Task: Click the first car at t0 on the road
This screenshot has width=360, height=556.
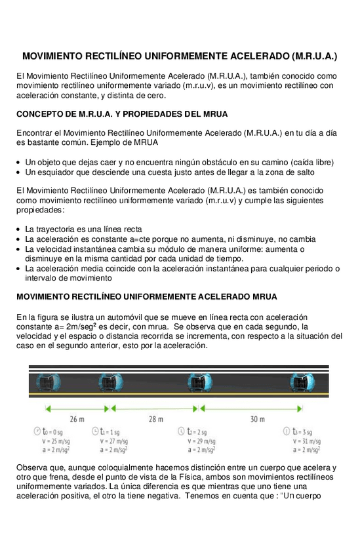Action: pos(45,382)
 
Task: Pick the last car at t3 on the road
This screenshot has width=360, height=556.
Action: pos(302,382)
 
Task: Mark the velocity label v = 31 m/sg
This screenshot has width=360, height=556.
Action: pos(306,441)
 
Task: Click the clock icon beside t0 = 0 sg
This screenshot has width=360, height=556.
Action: pos(37,431)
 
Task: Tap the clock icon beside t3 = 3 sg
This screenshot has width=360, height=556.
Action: pos(287,431)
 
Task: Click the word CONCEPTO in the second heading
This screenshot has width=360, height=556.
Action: pos(40,114)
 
